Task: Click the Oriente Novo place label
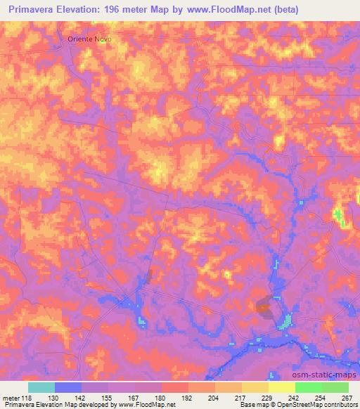click(x=89, y=39)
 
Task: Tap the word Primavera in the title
click(x=32, y=10)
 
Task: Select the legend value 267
click(x=347, y=397)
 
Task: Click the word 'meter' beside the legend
click(x=12, y=397)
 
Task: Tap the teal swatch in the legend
click(x=41, y=387)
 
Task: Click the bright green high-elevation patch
click(x=338, y=216)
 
